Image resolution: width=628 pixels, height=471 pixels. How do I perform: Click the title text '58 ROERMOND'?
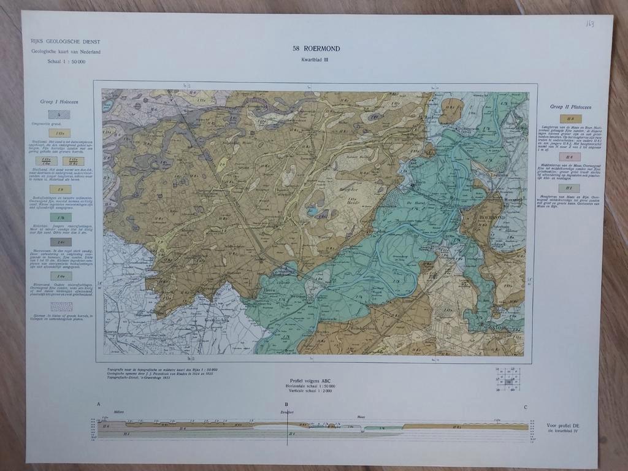pos(316,48)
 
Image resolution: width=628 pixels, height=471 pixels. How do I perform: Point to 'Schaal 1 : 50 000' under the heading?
pos(66,61)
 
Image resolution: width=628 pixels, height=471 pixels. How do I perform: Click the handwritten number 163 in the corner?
pos(589,23)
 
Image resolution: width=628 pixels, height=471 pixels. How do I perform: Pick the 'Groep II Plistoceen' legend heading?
pos(570,107)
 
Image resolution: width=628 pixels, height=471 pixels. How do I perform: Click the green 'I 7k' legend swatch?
pos(60,217)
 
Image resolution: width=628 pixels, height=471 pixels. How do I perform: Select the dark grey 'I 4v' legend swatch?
pos(60,242)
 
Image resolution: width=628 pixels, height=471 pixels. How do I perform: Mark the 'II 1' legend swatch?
pos(570,188)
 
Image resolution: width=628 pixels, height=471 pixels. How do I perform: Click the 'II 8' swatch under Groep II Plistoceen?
pos(570,119)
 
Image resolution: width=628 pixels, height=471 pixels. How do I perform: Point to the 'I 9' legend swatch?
pos(60,190)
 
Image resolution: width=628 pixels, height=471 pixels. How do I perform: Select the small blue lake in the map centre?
pos(313,211)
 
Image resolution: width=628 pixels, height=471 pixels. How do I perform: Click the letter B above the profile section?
pos(286,405)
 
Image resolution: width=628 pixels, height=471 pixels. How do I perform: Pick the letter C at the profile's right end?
pos(525,407)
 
